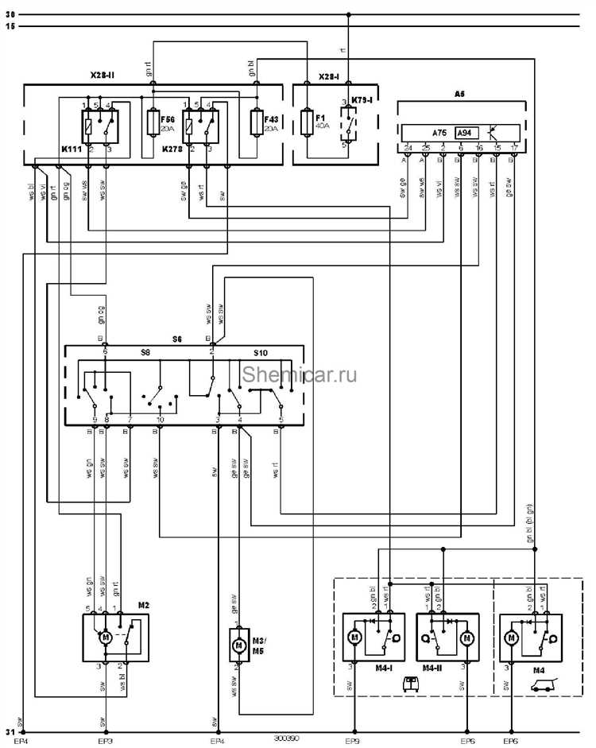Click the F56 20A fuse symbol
(x=155, y=123)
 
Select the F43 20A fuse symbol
(x=256, y=123)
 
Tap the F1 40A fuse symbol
(x=306, y=123)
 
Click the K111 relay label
(x=71, y=149)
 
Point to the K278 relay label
(x=171, y=149)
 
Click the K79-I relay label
(x=362, y=101)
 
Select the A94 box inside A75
(x=465, y=133)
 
